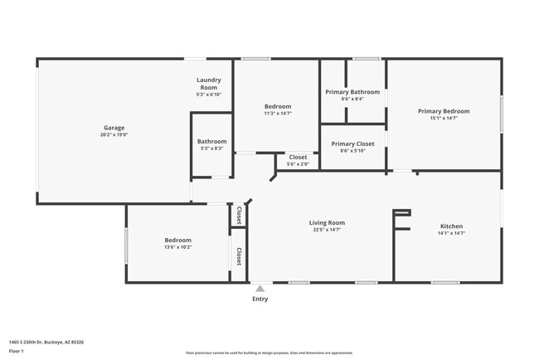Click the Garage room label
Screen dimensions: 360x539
point(114,128)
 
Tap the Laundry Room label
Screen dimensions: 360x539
point(207,84)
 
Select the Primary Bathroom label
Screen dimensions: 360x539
point(352,92)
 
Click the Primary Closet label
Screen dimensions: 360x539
point(352,144)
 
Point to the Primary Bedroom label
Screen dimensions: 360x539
point(444,111)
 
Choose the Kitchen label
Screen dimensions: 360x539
point(451,226)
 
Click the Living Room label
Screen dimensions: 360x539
point(327,222)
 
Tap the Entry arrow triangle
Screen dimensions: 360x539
point(260,289)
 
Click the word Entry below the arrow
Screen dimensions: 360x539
point(260,299)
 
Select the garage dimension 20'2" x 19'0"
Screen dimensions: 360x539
point(114,135)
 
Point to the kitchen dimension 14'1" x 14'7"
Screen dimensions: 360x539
point(451,234)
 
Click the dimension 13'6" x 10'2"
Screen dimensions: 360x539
point(177,247)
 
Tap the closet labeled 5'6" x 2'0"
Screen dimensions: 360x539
point(298,164)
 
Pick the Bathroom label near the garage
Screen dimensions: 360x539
point(211,142)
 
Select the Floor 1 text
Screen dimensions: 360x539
point(17,351)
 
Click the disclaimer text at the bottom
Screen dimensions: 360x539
point(269,353)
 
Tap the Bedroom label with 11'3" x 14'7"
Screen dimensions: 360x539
point(278,106)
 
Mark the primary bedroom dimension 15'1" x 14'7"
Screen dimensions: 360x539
point(444,119)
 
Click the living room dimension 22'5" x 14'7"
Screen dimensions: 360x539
point(327,230)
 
